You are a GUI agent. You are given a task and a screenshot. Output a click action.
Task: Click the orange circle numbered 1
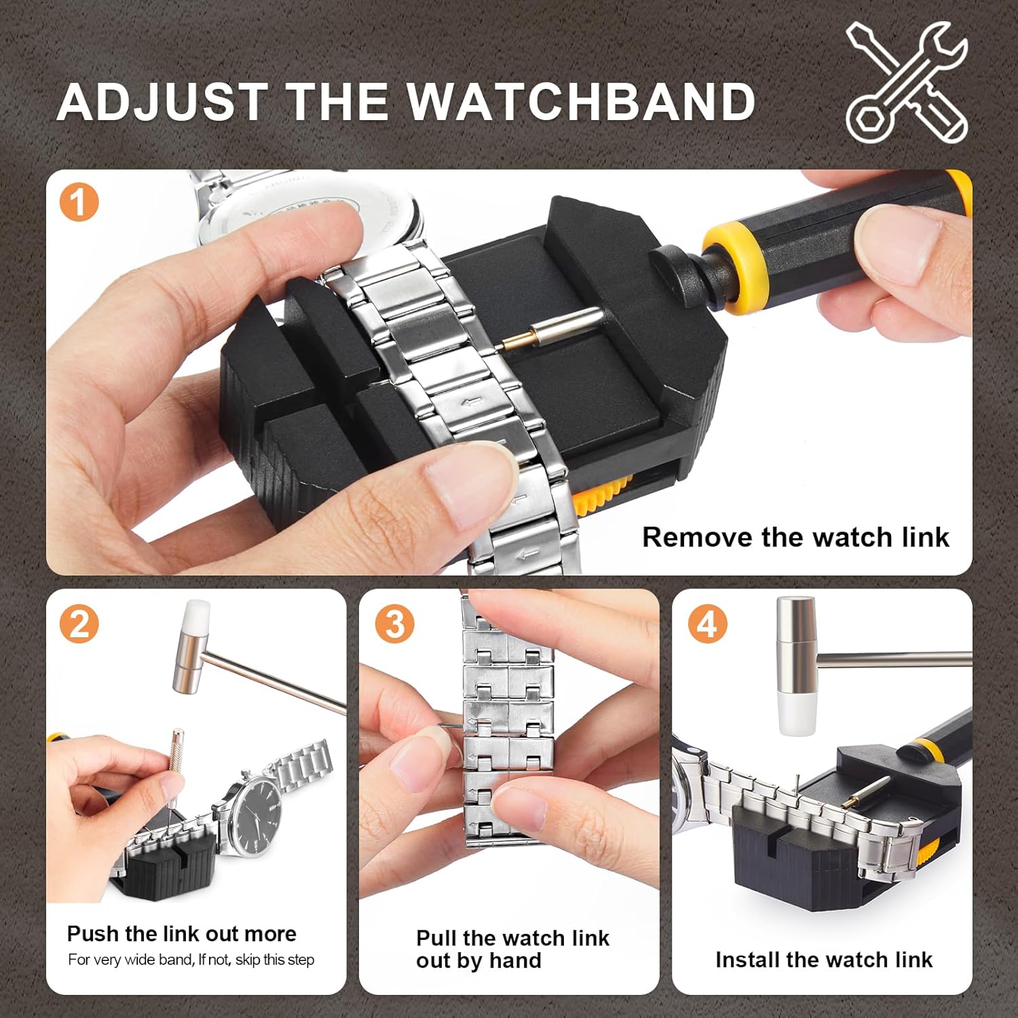pyautogui.click(x=79, y=202)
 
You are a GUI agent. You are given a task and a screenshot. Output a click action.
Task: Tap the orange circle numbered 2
pyautogui.click(x=79, y=623)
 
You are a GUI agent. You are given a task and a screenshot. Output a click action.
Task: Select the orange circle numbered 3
pyautogui.click(x=394, y=623)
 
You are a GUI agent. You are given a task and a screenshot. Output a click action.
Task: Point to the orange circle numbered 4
pyautogui.click(x=707, y=623)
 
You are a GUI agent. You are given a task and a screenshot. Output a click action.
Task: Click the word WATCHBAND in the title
pyautogui.click(x=582, y=102)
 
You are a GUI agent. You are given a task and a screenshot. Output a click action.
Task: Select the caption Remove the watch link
pyautogui.click(x=795, y=537)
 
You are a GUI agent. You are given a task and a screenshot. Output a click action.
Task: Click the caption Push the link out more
pyautogui.click(x=181, y=934)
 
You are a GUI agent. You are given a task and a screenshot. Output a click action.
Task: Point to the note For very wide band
pyautogui.click(x=191, y=960)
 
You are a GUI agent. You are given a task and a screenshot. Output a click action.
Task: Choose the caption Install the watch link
pyautogui.click(x=823, y=960)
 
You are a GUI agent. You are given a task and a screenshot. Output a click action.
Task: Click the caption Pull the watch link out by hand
pyautogui.click(x=512, y=949)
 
